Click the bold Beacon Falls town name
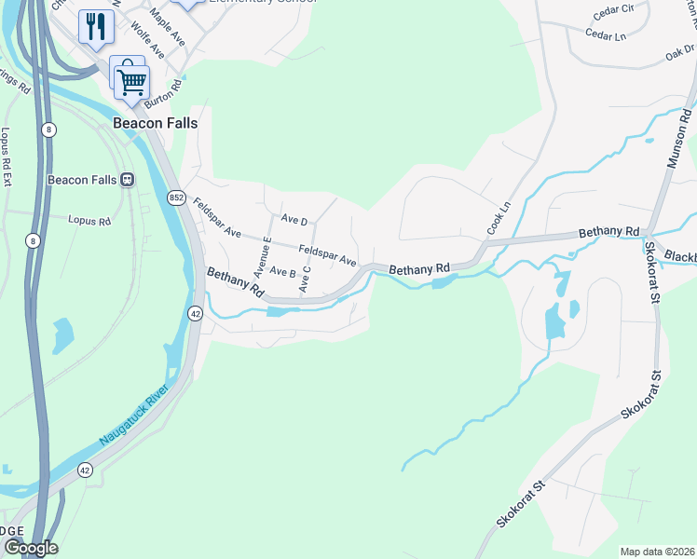155,122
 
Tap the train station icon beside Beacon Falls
127,180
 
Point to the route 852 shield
176,198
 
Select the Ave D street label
294,220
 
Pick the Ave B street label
282,273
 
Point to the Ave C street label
304,279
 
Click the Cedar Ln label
605,34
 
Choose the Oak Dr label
680,53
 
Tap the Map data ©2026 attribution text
657,551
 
